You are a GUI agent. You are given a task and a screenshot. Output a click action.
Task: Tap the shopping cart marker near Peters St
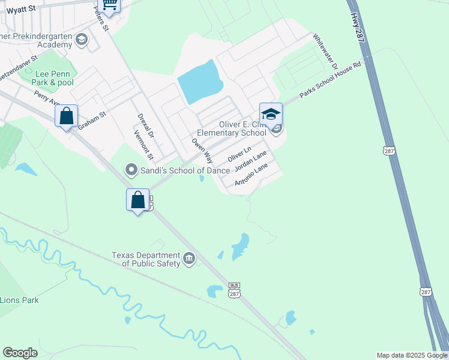tap(109, 5)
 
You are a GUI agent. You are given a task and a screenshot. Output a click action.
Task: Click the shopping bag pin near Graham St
tap(67, 115)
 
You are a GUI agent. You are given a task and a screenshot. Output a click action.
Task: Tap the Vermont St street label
tap(144, 146)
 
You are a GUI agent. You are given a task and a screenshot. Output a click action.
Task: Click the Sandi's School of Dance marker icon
tap(130, 170)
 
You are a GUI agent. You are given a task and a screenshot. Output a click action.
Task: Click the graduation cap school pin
tap(271, 114)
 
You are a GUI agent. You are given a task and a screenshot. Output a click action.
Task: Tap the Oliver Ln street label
tap(238, 154)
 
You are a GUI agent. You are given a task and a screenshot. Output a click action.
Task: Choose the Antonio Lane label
tap(250, 175)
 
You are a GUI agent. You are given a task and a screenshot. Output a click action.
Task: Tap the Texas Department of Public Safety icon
tap(189, 259)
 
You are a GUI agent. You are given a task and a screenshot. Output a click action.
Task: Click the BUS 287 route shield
tap(234, 290)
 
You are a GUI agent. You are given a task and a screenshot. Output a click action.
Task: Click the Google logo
tap(20, 353)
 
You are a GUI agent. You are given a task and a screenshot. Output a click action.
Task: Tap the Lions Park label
tap(19, 300)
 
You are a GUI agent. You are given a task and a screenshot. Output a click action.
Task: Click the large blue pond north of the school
tap(200, 82)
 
